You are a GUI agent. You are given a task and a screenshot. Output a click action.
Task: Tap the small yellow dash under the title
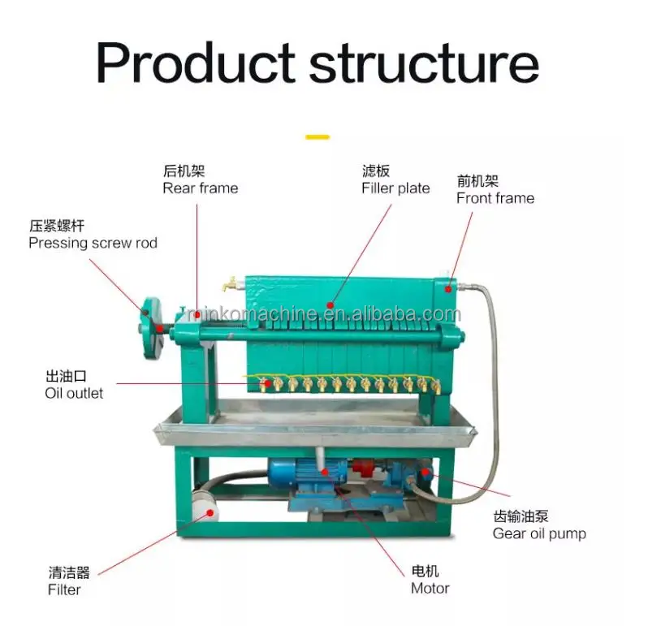[318, 136]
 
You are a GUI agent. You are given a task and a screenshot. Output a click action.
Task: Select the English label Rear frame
[201, 188]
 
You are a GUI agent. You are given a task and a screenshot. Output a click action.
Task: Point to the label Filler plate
[395, 188]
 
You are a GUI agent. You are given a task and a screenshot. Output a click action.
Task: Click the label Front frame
[495, 198]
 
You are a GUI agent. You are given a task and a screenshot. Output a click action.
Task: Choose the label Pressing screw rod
[93, 243]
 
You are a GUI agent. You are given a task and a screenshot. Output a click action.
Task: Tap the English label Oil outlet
[74, 394]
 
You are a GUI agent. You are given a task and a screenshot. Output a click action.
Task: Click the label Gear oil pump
[539, 533]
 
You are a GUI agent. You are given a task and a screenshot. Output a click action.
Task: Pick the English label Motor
[430, 588]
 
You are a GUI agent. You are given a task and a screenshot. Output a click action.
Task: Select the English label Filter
[64, 589]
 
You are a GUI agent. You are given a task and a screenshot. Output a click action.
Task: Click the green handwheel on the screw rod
[149, 329]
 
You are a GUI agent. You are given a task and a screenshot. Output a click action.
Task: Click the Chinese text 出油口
[65, 377]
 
